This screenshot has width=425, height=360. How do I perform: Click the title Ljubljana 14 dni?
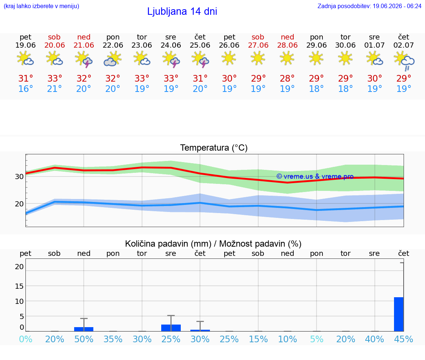[x=182, y=11]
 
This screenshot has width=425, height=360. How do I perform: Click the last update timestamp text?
[x=369, y=6]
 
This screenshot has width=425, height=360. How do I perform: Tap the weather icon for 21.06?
[x=84, y=59]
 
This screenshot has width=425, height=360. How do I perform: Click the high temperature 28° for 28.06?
[x=287, y=78]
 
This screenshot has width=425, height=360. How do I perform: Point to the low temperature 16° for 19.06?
[x=25, y=89]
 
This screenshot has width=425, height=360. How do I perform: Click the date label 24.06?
[x=171, y=45]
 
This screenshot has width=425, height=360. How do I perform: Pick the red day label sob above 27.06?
[x=258, y=37]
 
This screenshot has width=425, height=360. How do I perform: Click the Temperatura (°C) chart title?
[x=214, y=148]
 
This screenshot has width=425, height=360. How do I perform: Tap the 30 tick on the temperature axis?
[x=19, y=176]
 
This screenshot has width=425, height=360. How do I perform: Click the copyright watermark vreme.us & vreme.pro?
[x=315, y=176]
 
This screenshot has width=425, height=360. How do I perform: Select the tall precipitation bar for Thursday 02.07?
[x=399, y=314]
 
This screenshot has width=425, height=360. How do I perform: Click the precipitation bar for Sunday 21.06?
[x=84, y=329]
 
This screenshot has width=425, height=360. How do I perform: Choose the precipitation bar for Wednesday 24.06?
[x=171, y=328]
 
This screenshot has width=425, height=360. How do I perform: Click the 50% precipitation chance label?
[x=84, y=339]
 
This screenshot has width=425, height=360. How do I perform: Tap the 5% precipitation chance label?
[x=317, y=339]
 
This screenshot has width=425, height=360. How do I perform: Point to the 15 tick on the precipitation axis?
[x=19, y=286]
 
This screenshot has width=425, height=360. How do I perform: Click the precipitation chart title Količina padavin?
[x=168, y=244]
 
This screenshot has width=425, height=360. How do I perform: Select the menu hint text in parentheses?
[x=41, y=6]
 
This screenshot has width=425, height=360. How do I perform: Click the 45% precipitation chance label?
[x=404, y=339]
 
